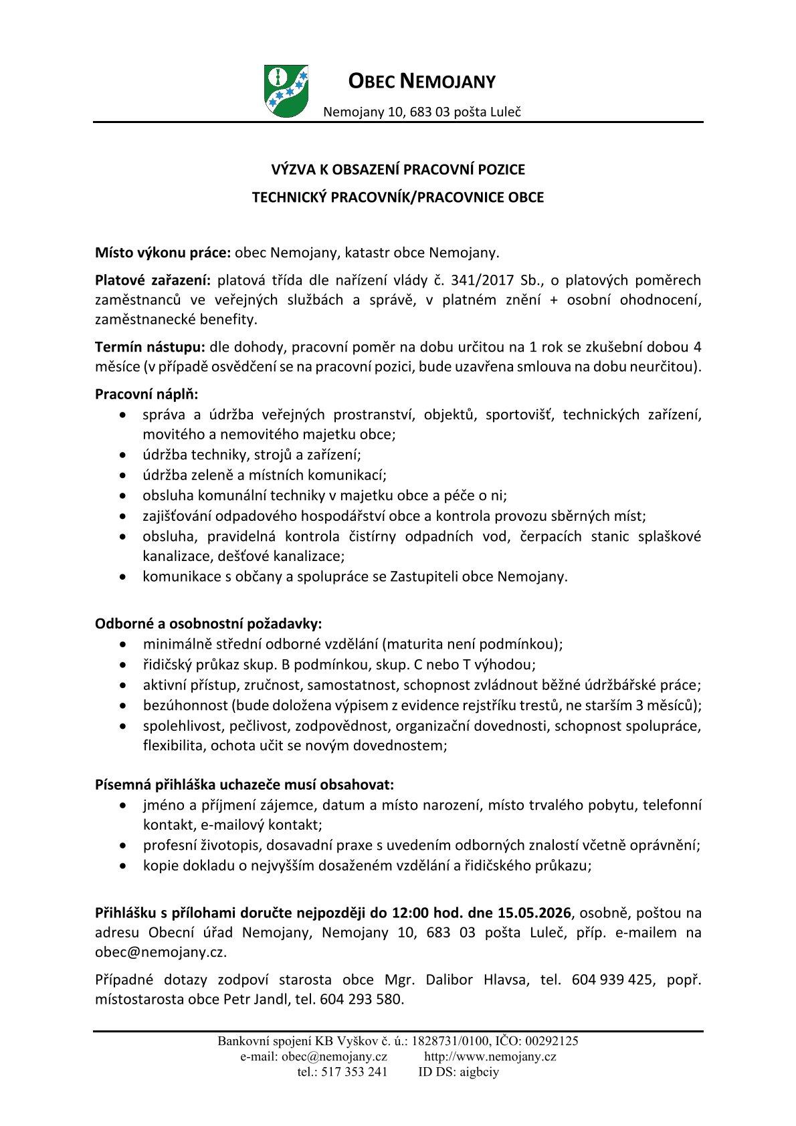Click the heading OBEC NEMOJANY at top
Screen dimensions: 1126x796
pos(422,82)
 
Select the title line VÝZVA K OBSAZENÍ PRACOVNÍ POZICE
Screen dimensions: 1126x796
pos(397,170)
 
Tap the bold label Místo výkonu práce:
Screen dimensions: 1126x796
pos(163,253)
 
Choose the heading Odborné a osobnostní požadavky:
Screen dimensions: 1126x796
pos(209,624)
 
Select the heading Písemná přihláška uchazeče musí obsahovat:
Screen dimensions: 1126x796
pos(245,783)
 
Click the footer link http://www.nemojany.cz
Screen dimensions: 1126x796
pos(490,1056)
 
